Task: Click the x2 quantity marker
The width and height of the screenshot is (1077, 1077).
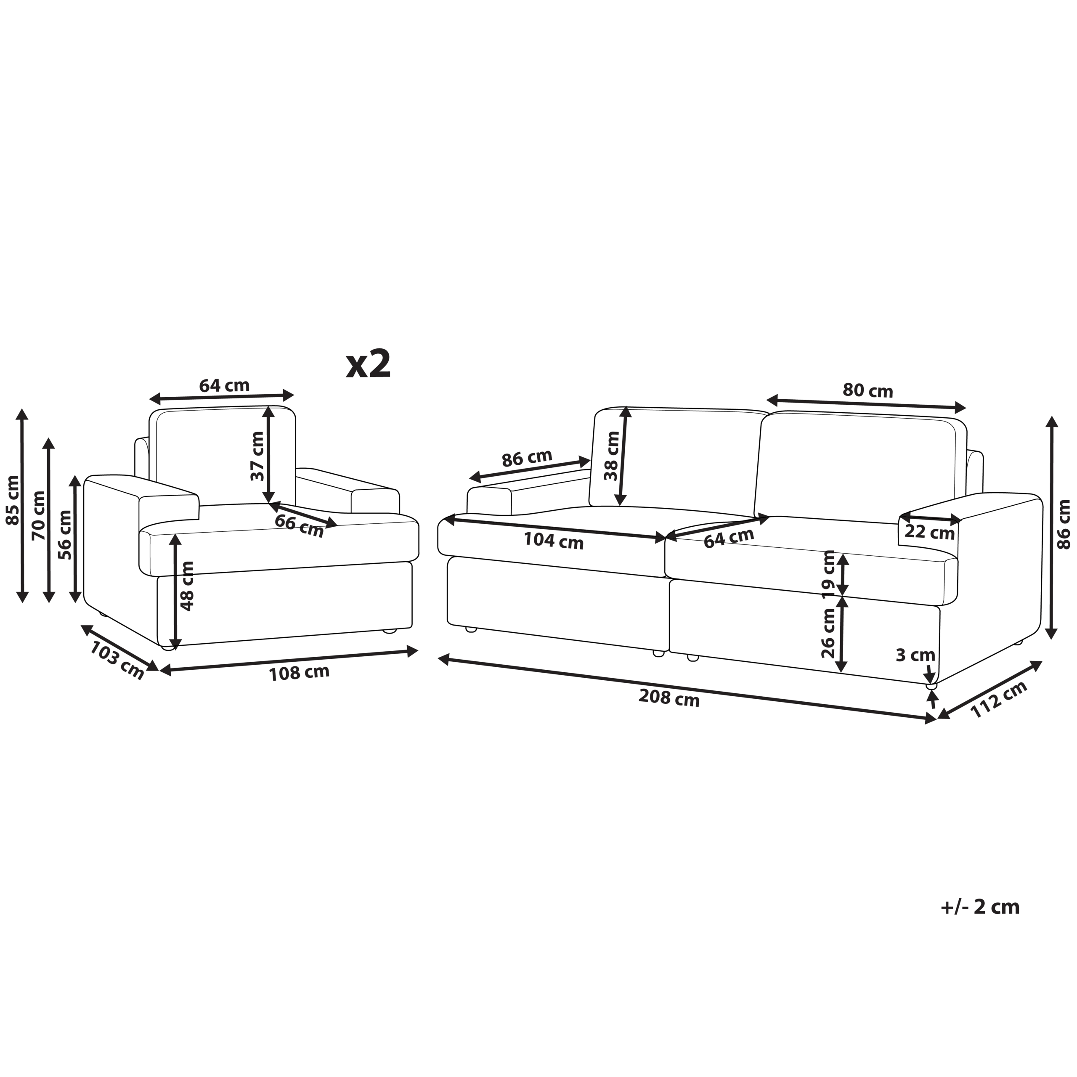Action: pyautogui.click(x=369, y=365)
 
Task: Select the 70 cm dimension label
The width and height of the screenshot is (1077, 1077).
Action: pyautogui.click(x=39, y=516)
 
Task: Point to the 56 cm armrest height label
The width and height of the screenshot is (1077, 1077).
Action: pyautogui.click(x=65, y=535)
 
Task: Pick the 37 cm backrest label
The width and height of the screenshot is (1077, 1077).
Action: pyautogui.click(x=257, y=456)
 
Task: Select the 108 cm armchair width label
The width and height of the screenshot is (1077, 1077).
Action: pyautogui.click(x=300, y=673)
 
